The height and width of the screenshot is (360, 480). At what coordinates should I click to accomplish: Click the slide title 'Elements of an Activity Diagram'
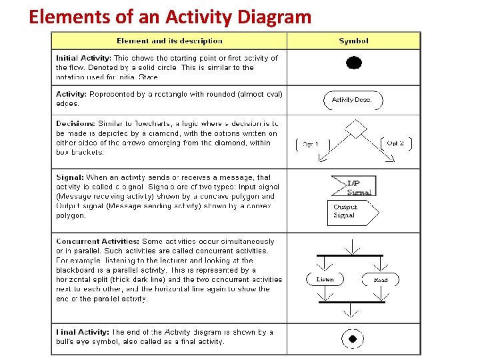point(170,17)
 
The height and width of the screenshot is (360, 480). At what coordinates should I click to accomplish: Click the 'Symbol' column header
point(353,41)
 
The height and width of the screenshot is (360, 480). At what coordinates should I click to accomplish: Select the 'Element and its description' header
point(169,41)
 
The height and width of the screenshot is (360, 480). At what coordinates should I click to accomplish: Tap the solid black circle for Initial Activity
point(354,63)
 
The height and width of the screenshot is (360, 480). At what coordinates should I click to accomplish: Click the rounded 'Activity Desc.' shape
point(353,100)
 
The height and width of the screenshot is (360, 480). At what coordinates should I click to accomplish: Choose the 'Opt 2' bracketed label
point(395,143)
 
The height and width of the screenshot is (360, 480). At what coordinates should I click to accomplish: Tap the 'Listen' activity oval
point(325,279)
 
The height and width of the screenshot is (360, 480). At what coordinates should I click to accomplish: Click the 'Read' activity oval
point(381,279)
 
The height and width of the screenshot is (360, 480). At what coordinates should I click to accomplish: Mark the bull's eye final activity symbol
point(353,339)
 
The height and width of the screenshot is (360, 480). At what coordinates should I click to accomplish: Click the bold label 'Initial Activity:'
point(83,58)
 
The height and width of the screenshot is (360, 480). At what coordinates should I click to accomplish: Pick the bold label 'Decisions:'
point(75,124)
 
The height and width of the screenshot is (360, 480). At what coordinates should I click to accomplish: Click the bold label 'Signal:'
point(70,177)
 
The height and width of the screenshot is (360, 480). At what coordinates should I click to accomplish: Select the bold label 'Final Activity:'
point(81,332)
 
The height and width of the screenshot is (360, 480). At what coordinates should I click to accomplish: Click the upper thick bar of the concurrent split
point(353,255)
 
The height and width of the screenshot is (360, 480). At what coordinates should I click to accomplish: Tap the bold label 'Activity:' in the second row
point(71,94)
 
